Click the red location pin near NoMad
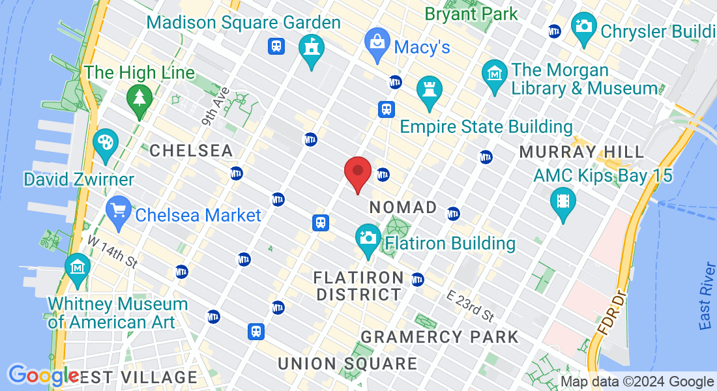[358, 172]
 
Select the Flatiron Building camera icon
[368, 238]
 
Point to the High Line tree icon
[139, 98]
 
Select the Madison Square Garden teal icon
[312, 49]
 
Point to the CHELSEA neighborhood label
[191, 151]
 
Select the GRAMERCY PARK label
[440, 337]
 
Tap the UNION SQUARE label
[347, 364]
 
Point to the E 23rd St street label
[471, 306]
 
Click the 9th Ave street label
[216, 106]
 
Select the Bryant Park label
[471, 13]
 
